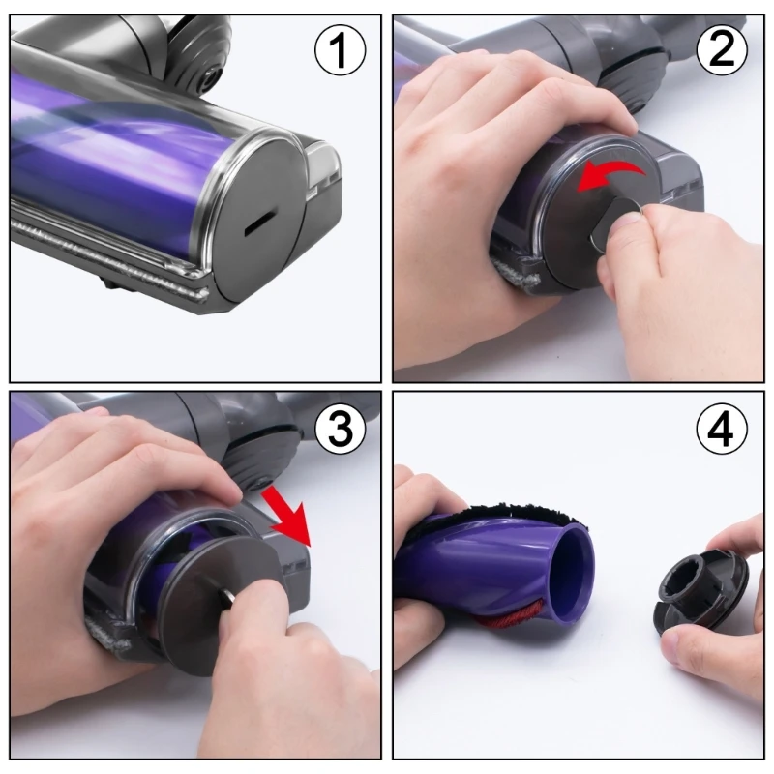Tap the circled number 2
[x=722, y=49]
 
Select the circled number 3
[x=339, y=430]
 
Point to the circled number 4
[x=722, y=430]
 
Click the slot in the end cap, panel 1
[x=259, y=222]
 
